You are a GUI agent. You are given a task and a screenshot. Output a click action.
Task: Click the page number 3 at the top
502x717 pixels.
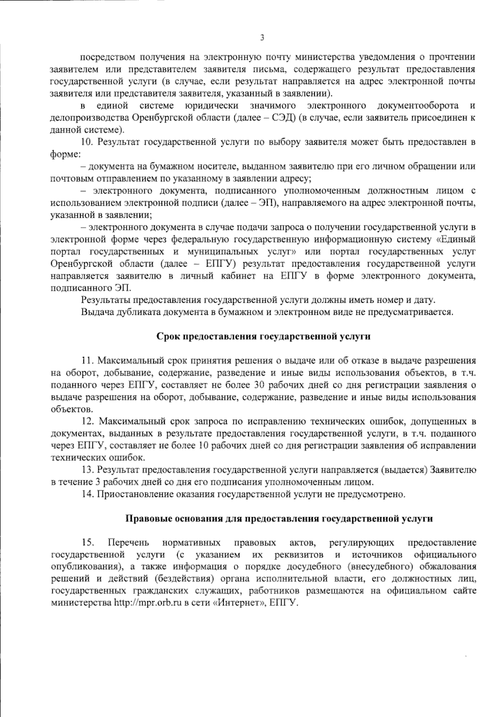click(262, 38)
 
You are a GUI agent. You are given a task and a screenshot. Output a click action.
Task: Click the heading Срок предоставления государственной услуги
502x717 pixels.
click(263, 336)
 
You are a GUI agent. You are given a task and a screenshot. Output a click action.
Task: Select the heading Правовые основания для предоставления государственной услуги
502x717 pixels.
click(279, 518)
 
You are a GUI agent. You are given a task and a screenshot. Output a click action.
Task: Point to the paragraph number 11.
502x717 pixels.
click(89, 360)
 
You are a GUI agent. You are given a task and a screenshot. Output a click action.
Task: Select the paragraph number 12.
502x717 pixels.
click(89, 421)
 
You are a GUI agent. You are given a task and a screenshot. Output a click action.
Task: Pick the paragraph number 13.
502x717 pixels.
click(89, 470)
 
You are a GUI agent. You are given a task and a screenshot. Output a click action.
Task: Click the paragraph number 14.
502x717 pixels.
click(89, 494)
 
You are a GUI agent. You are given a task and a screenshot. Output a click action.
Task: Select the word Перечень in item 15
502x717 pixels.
click(128, 543)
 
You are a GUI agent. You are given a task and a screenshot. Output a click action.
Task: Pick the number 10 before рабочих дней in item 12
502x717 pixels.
click(204, 446)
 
